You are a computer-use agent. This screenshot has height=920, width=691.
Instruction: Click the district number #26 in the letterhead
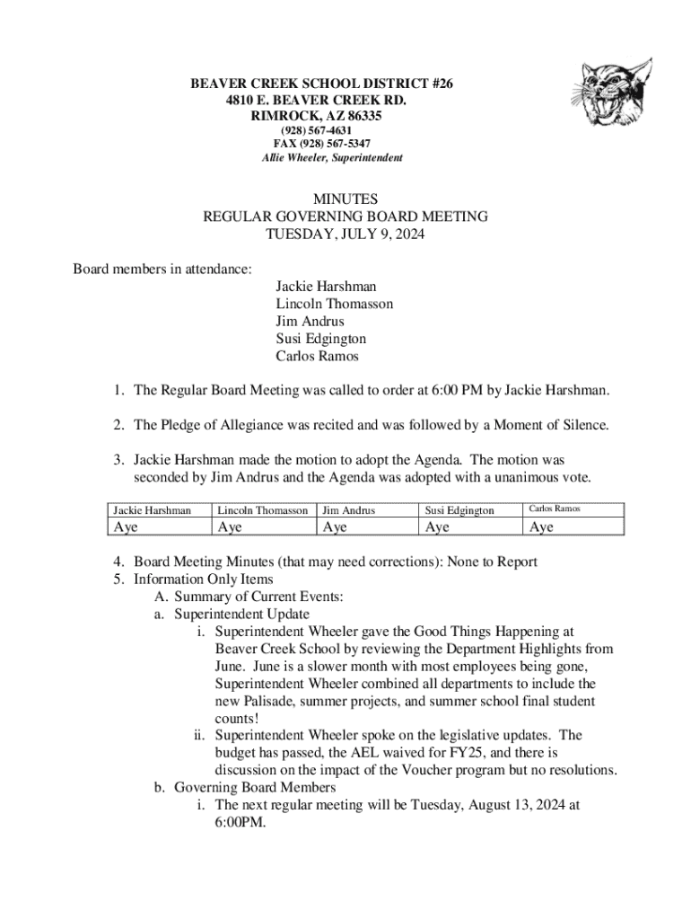[440, 84]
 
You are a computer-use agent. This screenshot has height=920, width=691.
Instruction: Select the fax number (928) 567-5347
[322, 144]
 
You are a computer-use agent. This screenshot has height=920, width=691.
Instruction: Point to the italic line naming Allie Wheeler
[332, 158]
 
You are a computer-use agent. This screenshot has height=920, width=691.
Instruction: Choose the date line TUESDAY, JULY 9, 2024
[345, 234]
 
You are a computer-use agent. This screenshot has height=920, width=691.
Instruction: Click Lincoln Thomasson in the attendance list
[334, 304]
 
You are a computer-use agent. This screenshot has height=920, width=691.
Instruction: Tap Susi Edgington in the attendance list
[320, 339]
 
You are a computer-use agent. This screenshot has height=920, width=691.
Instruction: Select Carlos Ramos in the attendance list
[317, 356]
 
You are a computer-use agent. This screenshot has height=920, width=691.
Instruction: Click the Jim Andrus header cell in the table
[348, 509]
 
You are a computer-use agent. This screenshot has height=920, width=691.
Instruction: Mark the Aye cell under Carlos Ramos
[542, 527]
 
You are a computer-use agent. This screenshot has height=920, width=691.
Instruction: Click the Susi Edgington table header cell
[459, 509]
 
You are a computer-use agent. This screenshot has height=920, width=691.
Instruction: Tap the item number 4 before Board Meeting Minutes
[118, 562]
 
